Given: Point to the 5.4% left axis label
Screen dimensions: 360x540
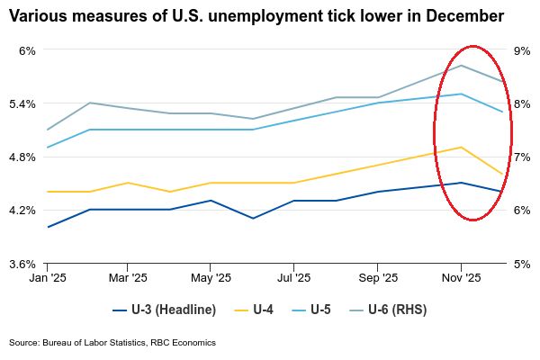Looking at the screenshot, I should [x=22, y=103].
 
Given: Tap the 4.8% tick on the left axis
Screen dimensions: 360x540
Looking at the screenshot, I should [x=22, y=157].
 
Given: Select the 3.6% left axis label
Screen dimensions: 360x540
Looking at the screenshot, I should [x=22, y=264].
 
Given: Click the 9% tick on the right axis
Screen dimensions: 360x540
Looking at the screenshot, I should [x=520, y=50].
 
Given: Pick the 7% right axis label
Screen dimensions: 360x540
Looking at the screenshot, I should [x=520, y=157].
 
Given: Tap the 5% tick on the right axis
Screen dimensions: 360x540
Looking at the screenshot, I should [x=520, y=264].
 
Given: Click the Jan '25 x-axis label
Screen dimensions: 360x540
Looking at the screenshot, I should [x=48, y=280].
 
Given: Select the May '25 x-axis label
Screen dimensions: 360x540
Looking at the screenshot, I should [x=210, y=280].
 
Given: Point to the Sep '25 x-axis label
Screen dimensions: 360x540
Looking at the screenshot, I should [x=378, y=280].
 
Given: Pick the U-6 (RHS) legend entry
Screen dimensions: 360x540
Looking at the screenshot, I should [x=392, y=310].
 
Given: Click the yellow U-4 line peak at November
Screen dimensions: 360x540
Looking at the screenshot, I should [x=461, y=148].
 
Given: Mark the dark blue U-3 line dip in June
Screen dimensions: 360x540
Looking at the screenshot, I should [x=253, y=218].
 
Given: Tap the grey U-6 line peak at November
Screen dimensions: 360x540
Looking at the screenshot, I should [x=461, y=66].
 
